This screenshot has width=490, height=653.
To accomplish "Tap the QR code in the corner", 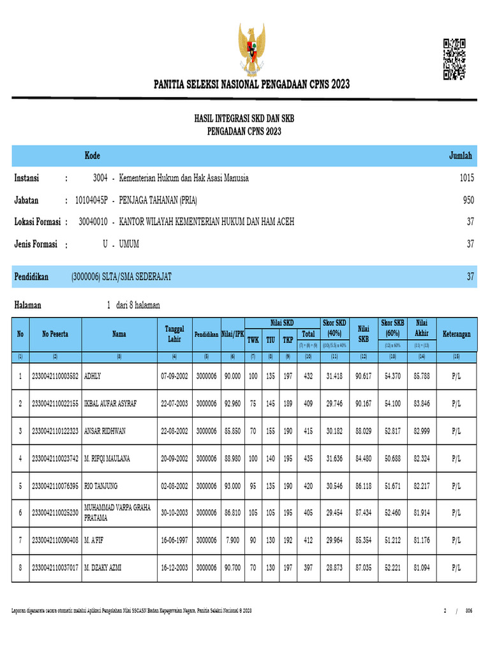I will point(454,59).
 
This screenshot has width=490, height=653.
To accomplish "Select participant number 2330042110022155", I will point(56,404).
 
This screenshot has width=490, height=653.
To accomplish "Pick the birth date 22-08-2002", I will point(175,431).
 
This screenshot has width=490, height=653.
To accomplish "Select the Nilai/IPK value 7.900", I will point(233,540).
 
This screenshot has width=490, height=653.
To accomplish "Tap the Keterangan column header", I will point(456,334).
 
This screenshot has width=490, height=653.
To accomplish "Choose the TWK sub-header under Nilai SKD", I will point(253,340).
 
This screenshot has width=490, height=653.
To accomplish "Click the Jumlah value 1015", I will point(466,179).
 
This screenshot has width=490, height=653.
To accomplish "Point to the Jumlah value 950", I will point(468,200).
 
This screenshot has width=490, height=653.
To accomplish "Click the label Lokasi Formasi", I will point(38,222).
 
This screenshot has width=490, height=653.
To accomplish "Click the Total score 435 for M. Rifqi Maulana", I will point(308,459).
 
